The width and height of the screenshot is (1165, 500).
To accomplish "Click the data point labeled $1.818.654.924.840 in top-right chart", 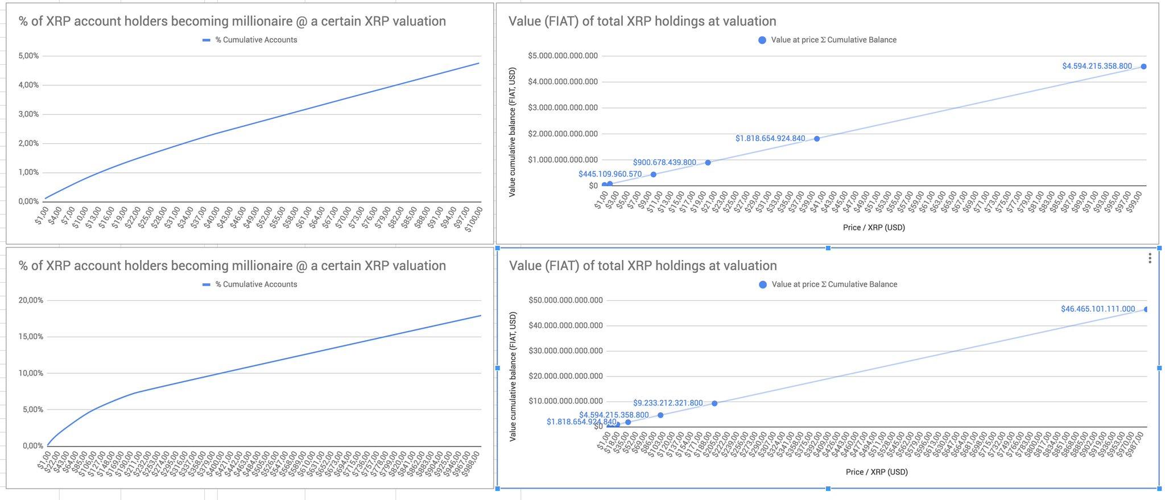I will coord(817,139).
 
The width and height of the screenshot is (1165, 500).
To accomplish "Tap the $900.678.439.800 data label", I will coord(664,163).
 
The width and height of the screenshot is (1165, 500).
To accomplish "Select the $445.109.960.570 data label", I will coord(610,175).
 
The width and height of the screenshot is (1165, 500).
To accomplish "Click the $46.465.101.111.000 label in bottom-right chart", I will coord(1098,309).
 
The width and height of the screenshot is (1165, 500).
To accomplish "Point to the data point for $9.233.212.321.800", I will coord(714,403).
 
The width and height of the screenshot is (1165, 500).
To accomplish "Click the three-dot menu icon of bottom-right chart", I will coord(1150,258).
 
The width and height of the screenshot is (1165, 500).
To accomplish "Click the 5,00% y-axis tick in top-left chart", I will coord(28,56).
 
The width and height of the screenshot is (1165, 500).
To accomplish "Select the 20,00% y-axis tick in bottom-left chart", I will coord(31,300).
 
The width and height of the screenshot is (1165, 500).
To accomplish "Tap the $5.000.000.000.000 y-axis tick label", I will coord(563,56).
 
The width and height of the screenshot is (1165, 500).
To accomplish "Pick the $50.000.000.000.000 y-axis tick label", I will coord(565,300).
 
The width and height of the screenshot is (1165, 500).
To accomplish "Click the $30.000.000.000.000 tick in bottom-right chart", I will coord(565,351).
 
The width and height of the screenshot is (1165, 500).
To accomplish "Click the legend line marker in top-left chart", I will coord(206,40).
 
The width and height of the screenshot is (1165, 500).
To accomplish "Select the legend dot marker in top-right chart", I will coord(762,40).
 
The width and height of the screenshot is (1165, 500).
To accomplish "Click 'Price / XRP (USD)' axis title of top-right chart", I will coord(874,228).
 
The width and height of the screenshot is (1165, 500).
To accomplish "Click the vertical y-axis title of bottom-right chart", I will coord(513,377).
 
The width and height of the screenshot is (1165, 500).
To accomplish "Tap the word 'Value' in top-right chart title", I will coord(524,21).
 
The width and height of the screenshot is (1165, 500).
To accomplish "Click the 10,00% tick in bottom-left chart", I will coord(31,373).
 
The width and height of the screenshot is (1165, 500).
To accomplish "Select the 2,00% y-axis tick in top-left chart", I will coord(28,143).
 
